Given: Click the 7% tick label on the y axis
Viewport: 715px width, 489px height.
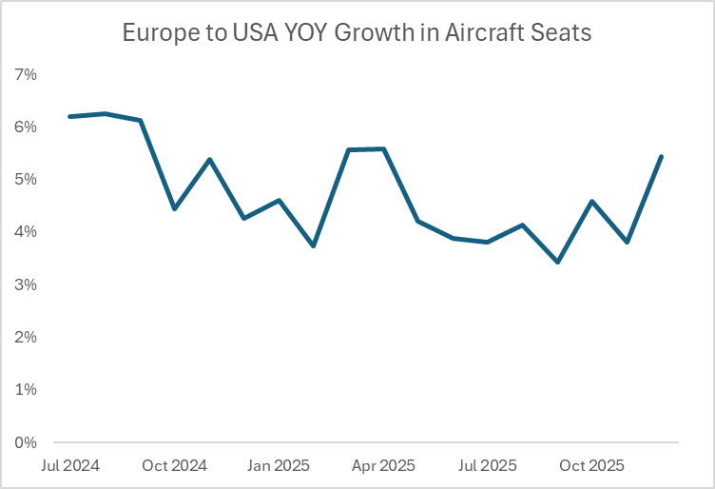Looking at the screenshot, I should click(25, 74).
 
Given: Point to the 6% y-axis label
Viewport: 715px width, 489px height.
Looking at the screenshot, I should click(25, 127).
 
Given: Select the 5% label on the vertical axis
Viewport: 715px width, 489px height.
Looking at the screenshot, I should click(25, 180).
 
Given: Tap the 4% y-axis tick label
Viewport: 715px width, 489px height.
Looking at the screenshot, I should click(25, 232).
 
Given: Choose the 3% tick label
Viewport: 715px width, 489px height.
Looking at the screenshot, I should click(25, 284).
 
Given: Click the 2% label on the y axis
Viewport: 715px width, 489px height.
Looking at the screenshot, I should click(25, 338).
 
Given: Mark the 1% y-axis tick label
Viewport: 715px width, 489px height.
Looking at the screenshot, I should click(25, 390).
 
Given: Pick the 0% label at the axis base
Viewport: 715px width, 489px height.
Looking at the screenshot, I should click(25, 442).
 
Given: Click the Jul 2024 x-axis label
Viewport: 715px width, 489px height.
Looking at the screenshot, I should click(69, 466).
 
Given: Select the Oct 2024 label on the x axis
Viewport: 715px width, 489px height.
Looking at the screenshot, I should click(175, 466).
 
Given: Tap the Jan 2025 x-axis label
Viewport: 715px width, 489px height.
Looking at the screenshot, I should click(279, 466).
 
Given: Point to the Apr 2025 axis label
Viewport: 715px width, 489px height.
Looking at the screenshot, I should click(383, 466).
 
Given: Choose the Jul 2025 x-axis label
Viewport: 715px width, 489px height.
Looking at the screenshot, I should click(487, 466).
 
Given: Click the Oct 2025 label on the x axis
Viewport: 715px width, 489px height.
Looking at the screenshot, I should click(591, 466).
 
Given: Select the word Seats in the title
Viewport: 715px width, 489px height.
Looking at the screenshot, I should click(563, 33).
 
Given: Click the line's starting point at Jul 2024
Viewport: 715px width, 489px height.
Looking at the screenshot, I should click(69, 116).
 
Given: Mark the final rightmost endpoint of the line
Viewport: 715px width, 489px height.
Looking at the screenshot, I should click(661, 157).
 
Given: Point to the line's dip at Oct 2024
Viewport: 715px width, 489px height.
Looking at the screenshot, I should click(174, 208).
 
